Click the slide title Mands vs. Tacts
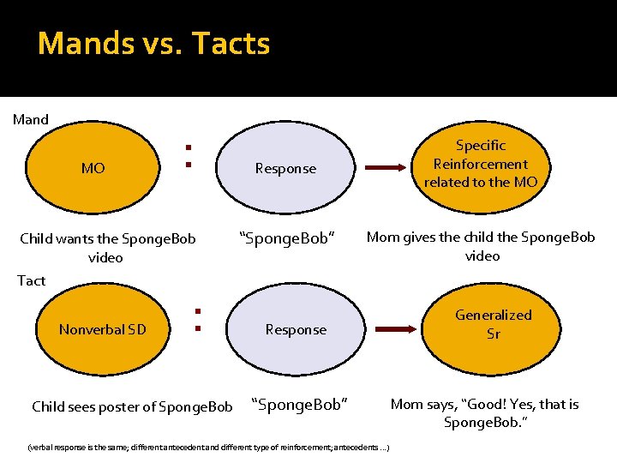coord(154,43)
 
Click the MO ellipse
coord(93,168)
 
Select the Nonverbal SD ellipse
coord(103,329)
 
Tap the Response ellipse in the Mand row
coord(285,168)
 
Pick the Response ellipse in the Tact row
coord(296,329)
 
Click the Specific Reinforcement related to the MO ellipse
coord(481,163)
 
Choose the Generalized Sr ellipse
coord(493,324)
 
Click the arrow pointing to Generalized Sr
coord(402,328)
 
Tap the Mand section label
coord(31,119)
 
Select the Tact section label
coord(32,280)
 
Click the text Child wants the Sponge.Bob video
coord(107,247)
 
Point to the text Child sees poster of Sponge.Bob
coord(132,406)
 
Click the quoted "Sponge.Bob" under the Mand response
coord(285,238)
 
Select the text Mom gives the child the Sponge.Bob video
coord(481,246)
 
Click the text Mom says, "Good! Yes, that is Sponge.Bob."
coord(484,412)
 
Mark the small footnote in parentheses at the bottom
coord(209,447)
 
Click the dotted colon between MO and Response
coord(186,155)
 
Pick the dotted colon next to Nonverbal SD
coord(196,320)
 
